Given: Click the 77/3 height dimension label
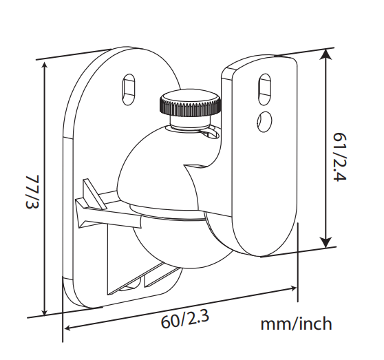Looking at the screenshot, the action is (32, 192).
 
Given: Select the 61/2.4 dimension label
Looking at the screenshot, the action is (340, 157).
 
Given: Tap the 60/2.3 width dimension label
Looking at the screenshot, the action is (185, 319).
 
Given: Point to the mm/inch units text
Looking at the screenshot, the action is (296, 324).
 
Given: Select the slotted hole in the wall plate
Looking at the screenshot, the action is (129, 89).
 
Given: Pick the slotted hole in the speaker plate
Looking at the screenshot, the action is (264, 89).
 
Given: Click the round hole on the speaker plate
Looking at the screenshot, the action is (265, 120).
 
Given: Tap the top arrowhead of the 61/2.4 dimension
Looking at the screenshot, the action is (326, 54).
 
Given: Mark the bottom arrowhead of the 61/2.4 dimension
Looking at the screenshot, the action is (326, 242).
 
